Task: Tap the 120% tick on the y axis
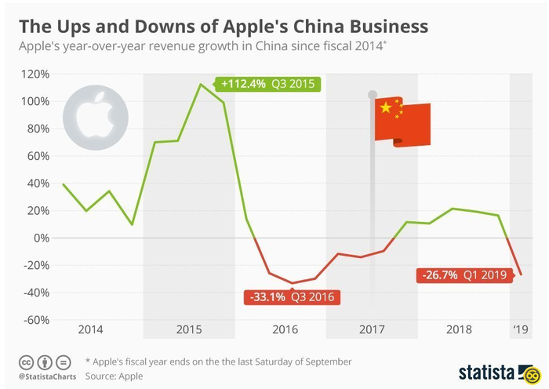(x=36, y=74)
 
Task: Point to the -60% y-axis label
(x=36, y=319)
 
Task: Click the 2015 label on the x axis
(x=189, y=329)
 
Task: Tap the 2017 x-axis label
(x=372, y=329)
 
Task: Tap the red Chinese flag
(x=402, y=123)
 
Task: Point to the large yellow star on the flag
(x=386, y=108)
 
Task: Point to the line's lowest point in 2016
(x=293, y=283)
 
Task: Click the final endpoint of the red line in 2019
(x=521, y=274)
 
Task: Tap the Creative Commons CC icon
(x=25, y=362)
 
